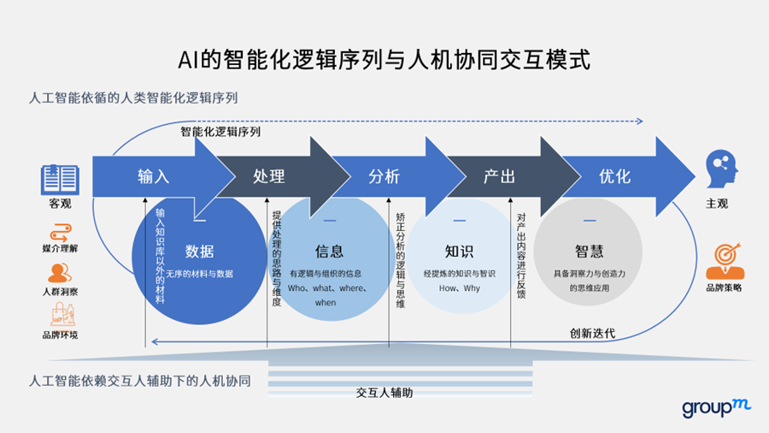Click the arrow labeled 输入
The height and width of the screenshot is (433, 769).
coord(154,177)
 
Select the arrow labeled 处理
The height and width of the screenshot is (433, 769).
coord(269,177)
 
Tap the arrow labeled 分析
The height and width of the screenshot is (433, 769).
coord(384,177)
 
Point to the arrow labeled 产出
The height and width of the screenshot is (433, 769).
coord(499,177)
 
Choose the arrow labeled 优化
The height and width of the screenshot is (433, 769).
coord(615,177)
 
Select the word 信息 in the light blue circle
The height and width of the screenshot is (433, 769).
coord(329,252)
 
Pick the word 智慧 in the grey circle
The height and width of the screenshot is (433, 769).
coord(589,252)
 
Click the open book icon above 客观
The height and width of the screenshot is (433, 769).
coord(60,180)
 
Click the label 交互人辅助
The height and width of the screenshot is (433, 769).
coord(384,394)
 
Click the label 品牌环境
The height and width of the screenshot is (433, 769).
coord(60,335)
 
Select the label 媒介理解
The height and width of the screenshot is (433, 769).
coord(60,248)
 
